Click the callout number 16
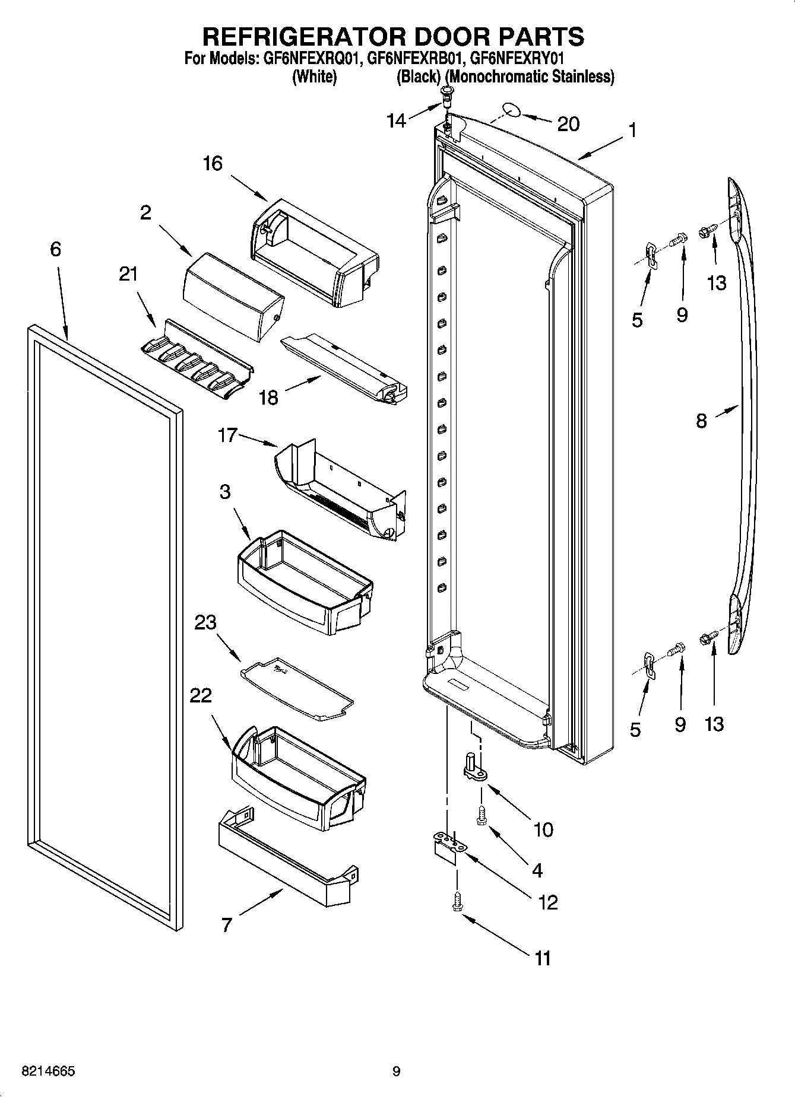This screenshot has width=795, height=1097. tap(212, 163)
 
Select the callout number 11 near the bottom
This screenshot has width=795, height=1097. tap(543, 958)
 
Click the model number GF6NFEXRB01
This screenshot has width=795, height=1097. tap(416, 59)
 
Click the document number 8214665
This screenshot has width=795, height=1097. tap(48, 1071)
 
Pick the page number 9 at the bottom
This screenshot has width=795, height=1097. tap(396, 1071)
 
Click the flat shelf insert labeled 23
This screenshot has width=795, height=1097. tap(297, 688)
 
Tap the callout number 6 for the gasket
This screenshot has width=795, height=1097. tap(55, 249)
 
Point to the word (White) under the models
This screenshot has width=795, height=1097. tap(315, 77)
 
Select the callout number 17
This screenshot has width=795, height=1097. tap(227, 436)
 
